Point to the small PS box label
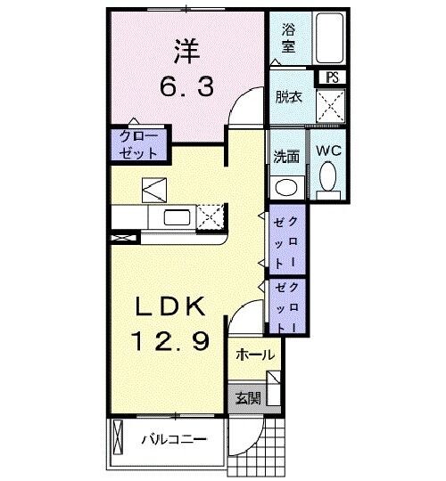[x=333, y=77]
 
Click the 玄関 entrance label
[x=248, y=397]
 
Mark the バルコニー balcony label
[x=175, y=440]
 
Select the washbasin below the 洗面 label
[x=285, y=186]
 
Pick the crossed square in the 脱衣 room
[x=332, y=105]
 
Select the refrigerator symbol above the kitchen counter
[x=153, y=189]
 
